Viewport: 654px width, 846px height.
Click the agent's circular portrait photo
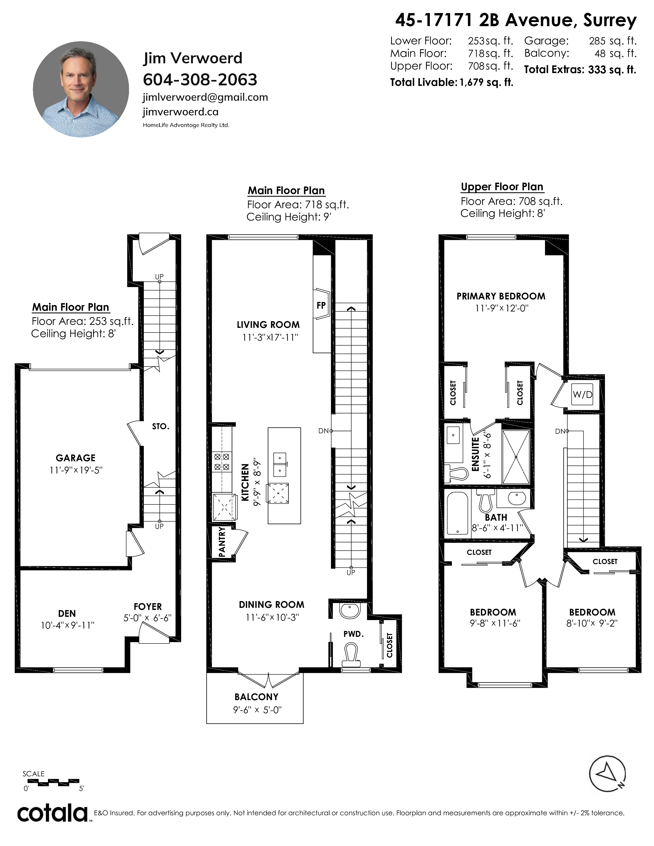[x=81, y=89]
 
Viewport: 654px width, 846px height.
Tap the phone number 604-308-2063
[x=200, y=80]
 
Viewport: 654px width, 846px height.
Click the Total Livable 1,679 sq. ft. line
[x=451, y=82]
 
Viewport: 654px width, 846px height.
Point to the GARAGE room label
[x=76, y=458]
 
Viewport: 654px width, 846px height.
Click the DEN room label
[x=67, y=613]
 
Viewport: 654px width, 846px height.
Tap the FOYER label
[x=148, y=607]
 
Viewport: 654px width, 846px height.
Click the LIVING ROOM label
[x=268, y=325]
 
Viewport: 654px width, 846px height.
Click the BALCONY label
[x=256, y=697]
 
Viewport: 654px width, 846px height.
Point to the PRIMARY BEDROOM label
[x=501, y=296]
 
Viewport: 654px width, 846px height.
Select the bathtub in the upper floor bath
[x=457, y=513]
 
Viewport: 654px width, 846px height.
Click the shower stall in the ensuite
[x=516, y=457]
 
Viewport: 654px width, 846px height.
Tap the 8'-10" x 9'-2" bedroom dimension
[x=592, y=623]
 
